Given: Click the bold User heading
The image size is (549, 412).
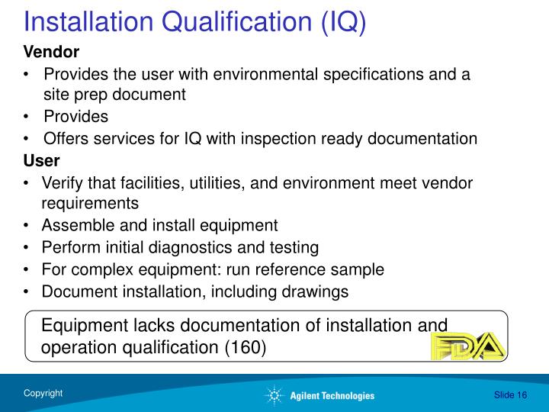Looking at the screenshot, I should [41, 162].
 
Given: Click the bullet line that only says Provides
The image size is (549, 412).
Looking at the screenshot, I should [75, 117].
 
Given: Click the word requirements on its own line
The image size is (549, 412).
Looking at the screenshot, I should [90, 204].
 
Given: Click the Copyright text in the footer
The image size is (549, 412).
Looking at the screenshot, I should [43, 394].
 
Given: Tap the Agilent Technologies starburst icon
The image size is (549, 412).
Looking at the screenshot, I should [273, 395].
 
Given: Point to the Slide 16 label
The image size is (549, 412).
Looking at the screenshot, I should [510, 394].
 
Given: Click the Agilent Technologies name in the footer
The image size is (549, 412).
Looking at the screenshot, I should [332, 395].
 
